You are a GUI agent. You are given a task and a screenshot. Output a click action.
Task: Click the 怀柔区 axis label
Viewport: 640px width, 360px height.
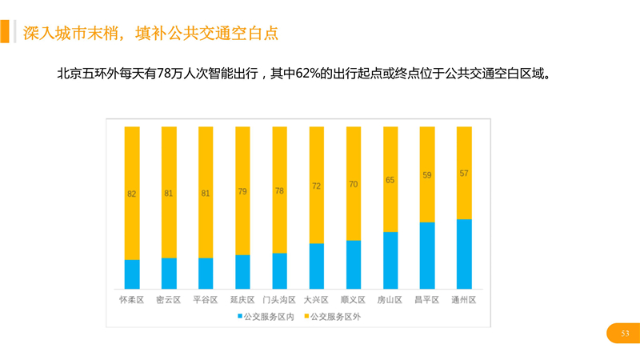coord(131,300)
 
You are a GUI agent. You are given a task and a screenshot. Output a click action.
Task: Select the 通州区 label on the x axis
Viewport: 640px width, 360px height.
coord(463,300)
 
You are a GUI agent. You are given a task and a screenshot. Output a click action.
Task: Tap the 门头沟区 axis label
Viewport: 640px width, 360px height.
coord(279,300)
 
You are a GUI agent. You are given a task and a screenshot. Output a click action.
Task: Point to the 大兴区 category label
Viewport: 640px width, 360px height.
coord(316,300)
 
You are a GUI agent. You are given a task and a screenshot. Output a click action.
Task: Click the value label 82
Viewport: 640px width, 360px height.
coord(132,194)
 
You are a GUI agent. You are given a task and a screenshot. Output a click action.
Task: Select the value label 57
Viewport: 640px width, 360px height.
coord(464,173)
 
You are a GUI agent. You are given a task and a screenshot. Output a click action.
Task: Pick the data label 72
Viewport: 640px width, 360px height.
coord(317,186)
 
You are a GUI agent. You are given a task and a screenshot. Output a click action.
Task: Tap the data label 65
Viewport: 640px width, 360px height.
coord(390,180)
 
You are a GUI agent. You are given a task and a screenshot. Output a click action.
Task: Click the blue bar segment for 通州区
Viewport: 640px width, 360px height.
coord(464,253)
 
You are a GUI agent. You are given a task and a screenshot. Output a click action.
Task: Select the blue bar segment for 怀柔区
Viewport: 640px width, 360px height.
coord(132,274)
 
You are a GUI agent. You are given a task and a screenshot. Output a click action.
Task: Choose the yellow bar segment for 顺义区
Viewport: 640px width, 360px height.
coord(354,183)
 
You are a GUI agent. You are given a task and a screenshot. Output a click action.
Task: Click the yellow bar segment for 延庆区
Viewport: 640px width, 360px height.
coord(242,190)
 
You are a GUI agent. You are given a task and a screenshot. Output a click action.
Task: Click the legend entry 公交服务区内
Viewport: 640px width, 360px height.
coord(265,316)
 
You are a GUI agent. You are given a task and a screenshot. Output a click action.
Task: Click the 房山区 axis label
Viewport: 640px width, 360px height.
coord(390,300)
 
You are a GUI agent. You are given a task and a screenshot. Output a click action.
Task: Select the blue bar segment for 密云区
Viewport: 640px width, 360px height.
coord(169,273)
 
